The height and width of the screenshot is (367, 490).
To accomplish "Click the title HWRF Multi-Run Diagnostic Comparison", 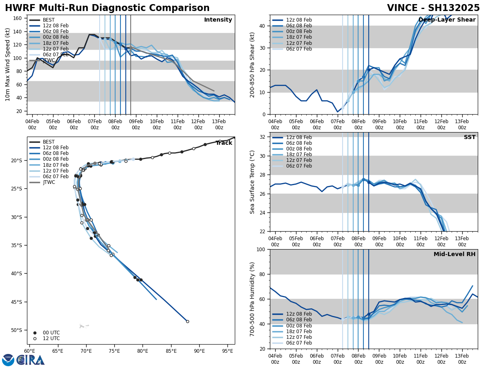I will tap(107, 8).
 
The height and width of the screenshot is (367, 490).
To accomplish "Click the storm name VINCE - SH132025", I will tap(433, 8).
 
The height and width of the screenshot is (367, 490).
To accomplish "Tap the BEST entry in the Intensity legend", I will tap(49, 20).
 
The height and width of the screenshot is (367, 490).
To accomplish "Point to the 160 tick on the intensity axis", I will tap(18, 18).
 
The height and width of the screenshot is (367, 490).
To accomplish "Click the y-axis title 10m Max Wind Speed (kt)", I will tap(8, 64).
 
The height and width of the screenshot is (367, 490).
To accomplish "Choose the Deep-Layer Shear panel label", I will tap(447, 20).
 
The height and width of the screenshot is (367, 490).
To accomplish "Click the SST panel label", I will tap(470, 137).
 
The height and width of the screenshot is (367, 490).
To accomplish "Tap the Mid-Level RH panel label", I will tap(454, 254).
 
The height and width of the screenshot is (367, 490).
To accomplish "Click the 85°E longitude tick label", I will tap(171, 350).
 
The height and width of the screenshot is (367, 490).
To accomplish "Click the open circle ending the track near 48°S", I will tap(187, 321).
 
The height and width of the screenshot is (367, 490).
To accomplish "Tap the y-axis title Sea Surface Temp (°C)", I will tap(252, 182).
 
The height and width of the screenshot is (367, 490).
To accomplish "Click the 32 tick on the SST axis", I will tap(263, 137).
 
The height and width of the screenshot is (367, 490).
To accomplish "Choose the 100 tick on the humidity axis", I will tap(261, 250).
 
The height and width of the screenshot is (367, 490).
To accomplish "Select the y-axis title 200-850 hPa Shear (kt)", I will tap(252, 64).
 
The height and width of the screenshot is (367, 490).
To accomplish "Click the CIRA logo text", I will tap(31, 360).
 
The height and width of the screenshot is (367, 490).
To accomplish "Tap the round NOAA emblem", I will tap(8, 360).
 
